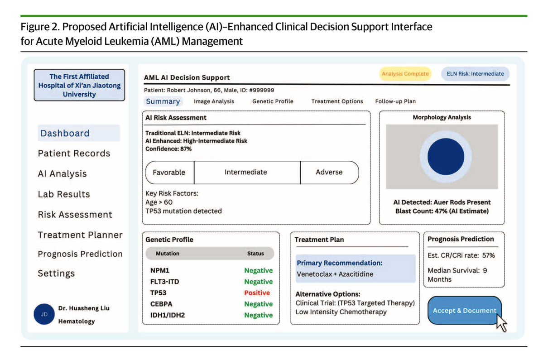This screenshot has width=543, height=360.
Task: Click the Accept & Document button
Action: tap(464, 310)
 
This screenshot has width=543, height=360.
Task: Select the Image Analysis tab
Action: tap(214, 101)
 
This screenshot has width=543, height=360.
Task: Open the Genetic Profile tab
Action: tap(273, 101)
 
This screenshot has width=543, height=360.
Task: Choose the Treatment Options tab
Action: tap(337, 101)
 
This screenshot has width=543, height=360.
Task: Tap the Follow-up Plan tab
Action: tap(395, 101)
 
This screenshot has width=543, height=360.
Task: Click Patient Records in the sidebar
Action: tap(74, 154)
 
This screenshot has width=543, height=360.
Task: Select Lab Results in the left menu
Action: tap(64, 194)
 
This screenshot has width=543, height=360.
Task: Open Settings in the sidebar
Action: tap(56, 274)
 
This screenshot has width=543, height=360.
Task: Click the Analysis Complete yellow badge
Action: tap(405, 74)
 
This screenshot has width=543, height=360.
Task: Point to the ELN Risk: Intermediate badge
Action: tap(472, 74)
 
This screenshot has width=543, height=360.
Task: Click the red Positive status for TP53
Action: tap(257, 293)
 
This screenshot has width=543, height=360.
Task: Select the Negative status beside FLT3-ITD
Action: tap(258, 282)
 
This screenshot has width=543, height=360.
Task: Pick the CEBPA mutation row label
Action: tap(161, 304)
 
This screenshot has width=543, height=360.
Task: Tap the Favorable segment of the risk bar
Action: tap(169, 173)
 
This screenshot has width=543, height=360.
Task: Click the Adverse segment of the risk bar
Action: tap(329, 173)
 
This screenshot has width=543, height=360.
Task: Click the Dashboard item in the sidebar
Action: tap(65, 133)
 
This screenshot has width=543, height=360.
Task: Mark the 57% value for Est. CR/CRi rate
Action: tap(488, 255)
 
